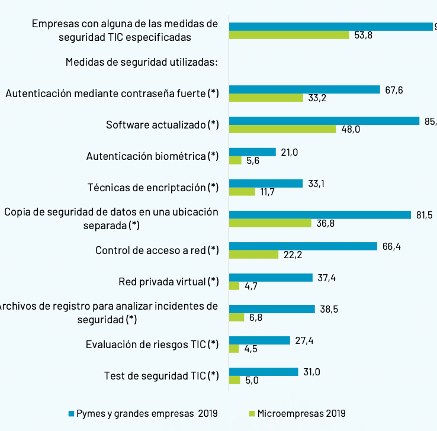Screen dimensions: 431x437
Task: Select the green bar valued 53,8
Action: point(289,35)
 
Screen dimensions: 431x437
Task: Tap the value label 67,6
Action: point(394,90)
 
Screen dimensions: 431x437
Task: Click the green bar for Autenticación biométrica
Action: point(235,160)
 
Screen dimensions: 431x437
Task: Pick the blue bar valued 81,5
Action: point(320,215)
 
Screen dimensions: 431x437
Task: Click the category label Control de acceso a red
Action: point(157,250)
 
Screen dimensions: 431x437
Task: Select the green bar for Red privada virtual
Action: point(234,286)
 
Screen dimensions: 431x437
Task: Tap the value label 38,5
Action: point(330,309)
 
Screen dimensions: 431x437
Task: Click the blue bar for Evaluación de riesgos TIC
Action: point(259,340)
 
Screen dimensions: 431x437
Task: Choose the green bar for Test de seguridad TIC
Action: point(234,380)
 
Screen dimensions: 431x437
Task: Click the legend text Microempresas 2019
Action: point(301,413)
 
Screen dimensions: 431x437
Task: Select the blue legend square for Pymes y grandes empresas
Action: point(71,413)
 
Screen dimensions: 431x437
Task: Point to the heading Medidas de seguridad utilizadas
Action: point(142,62)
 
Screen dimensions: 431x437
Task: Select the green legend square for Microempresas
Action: point(251,413)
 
